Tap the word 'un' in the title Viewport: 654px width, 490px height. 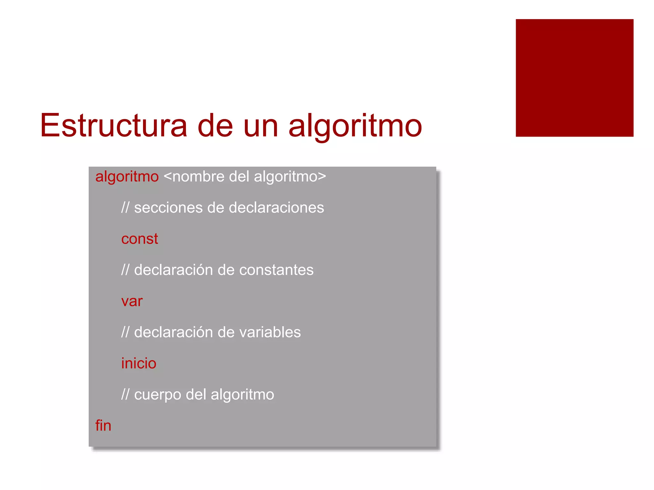(261, 126)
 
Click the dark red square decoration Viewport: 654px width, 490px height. (574, 78)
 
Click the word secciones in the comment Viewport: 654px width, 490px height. (168, 208)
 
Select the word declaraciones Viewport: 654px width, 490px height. (276, 208)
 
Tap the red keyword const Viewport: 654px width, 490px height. (140, 239)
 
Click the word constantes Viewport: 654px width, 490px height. (276, 270)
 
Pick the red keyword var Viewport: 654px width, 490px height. (132, 301)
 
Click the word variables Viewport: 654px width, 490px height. (270, 332)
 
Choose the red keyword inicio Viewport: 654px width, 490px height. (139, 363)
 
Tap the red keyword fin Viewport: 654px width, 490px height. (103, 426)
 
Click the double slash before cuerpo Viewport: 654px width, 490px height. (125, 395)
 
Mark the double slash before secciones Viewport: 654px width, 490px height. (125, 208)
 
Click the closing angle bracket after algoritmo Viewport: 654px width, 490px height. (322, 176)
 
